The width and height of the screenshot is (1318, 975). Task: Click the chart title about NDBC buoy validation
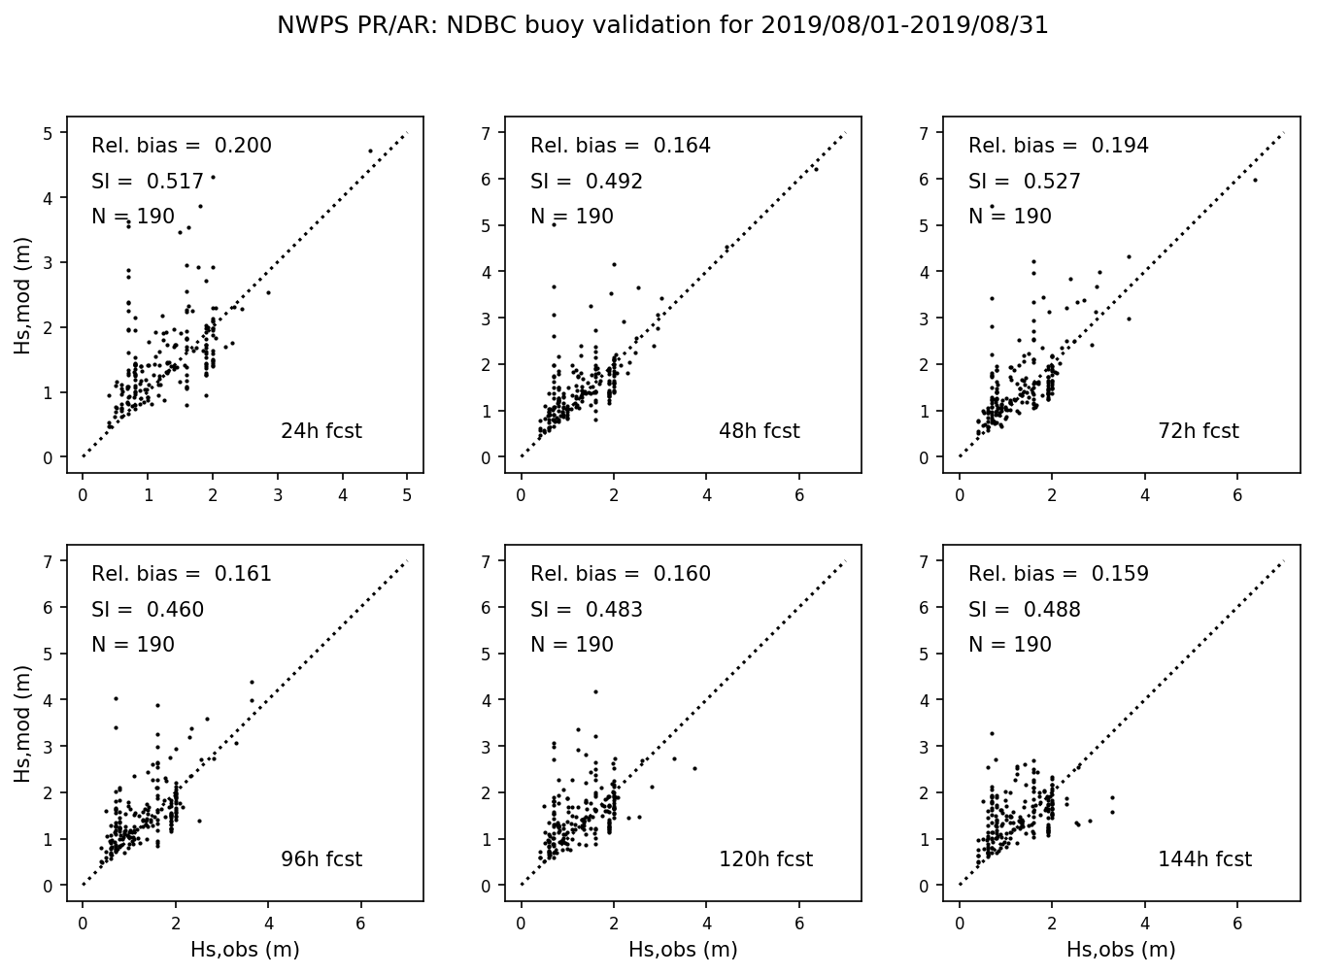pos(662,26)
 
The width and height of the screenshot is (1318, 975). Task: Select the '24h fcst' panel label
pos(321,431)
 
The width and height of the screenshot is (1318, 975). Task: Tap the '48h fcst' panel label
pos(759,431)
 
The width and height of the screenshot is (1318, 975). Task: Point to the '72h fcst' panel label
pos(1198,431)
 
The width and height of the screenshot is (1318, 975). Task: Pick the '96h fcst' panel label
pos(321,859)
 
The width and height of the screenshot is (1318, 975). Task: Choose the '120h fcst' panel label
pos(765,859)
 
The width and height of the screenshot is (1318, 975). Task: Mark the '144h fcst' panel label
pos(1204,859)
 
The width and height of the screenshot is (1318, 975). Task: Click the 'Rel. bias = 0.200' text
pos(182,147)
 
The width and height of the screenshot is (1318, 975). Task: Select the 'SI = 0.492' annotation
pos(587,182)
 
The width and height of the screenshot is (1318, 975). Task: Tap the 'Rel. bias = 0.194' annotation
pos(1059,147)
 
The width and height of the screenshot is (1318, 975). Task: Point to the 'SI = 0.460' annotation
pos(148,611)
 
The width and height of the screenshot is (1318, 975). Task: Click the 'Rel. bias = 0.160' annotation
pos(621,575)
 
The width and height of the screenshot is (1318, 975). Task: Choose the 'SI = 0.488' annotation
pos(1025,611)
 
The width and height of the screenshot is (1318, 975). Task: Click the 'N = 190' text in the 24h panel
pos(133,218)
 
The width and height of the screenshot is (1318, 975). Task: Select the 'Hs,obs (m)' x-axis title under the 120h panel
pos(683,950)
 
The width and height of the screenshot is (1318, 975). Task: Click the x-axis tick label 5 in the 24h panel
pos(407,495)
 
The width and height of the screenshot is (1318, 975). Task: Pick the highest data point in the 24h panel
pos(370,151)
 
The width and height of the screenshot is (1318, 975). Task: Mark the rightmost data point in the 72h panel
pos(1254,180)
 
